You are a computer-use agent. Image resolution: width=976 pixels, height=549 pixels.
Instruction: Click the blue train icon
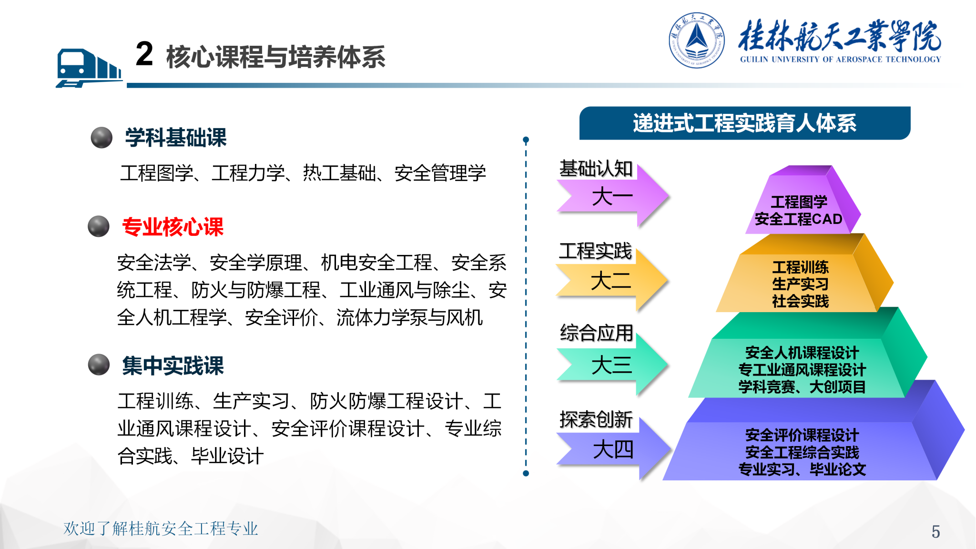pos(89,68)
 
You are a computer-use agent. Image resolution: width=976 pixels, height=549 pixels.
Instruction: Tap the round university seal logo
pos(696,40)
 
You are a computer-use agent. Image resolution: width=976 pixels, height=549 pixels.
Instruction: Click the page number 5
pos(935,531)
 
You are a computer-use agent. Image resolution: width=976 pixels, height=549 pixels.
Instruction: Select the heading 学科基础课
pos(175,138)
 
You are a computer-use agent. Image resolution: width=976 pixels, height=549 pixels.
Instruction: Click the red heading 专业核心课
pos(173,227)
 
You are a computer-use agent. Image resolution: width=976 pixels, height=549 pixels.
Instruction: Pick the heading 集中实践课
pos(173,366)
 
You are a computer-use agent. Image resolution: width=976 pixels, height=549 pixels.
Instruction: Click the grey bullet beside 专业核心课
pos(99,226)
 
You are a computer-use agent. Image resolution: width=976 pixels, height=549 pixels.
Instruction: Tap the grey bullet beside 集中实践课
pos(99,365)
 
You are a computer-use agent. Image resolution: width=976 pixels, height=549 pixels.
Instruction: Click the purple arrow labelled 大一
pos(614,196)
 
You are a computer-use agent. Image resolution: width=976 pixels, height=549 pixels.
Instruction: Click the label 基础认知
pos(596,169)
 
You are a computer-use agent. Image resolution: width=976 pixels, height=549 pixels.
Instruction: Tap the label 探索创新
pos(596,419)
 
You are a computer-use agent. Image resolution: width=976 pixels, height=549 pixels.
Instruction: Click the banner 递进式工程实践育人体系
pos(745,123)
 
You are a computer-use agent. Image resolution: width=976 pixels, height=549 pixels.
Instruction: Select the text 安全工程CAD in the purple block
pos(799,219)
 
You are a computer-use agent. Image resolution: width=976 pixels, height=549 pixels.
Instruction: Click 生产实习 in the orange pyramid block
pos(801,284)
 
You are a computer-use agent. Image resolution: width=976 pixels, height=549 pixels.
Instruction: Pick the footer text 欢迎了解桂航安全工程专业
pos(161,529)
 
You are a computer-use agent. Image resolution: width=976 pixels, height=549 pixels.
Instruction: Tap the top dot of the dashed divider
pos(526,140)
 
